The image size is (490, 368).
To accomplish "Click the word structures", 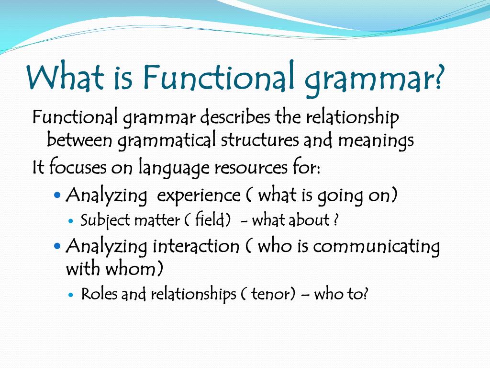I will [x=260, y=140].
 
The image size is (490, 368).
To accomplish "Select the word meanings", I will [x=376, y=141].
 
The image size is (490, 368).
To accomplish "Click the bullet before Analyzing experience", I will [x=58, y=195].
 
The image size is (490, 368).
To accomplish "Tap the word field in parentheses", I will [x=209, y=220].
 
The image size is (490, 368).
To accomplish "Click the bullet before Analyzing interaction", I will [x=58, y=246].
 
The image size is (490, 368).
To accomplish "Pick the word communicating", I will [x=376, y=247].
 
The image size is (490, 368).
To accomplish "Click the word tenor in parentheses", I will [x=271, y=294].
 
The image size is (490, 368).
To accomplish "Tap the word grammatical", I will [x=167, y=141].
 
